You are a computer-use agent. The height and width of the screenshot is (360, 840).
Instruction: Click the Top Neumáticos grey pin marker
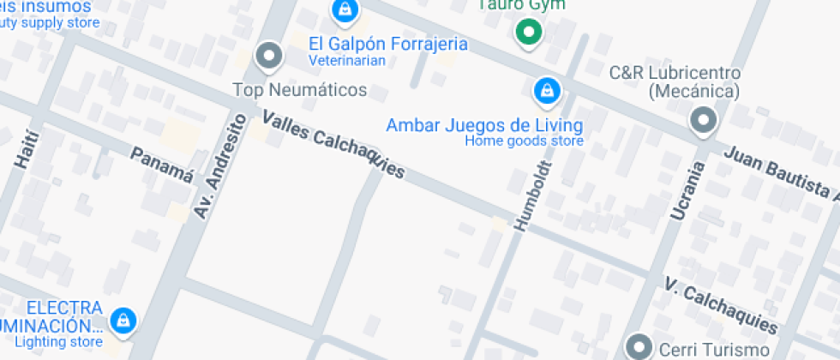tap(270, 57)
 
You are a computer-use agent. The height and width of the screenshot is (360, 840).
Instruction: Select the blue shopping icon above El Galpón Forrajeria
tap(344, 11)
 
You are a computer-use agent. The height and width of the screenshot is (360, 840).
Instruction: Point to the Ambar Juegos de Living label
tap(484, 124)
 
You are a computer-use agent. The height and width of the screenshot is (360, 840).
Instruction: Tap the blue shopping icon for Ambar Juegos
tap(545, 89)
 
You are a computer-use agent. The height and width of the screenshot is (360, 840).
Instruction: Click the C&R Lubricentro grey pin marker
tap(704, 121)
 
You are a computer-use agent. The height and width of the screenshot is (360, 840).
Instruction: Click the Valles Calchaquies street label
tap(333, 144)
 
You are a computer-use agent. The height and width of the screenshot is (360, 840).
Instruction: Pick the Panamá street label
tap(162, 165)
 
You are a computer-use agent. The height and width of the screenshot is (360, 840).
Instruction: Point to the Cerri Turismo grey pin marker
tap(639, 347)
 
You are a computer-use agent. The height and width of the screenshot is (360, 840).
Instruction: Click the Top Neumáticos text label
tap(300, 90)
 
